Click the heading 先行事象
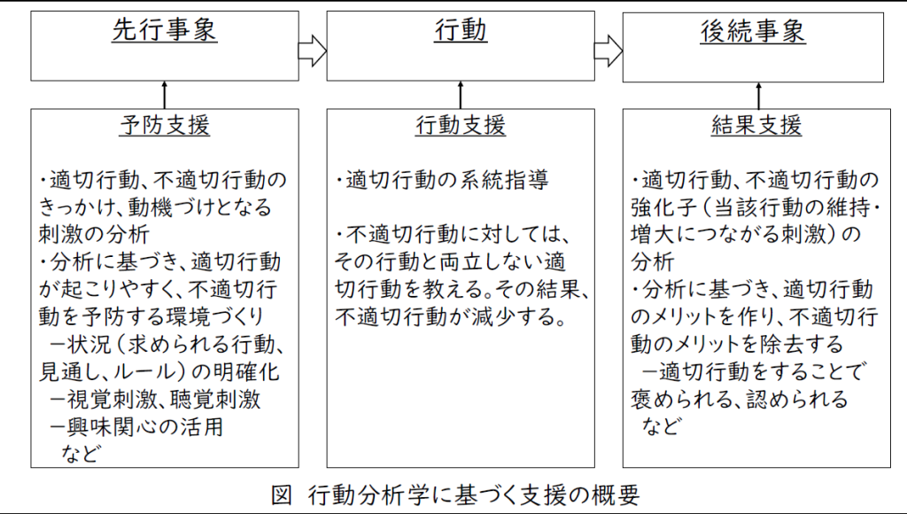(164, 30)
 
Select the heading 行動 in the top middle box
(461, 30)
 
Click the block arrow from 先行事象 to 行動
(313, 51)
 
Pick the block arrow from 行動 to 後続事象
(609, 51)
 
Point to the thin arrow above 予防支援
(164, 95)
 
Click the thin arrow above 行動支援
(461, 95)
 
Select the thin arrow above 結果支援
(758, 96)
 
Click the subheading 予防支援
(165, 125)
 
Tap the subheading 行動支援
(461, 125)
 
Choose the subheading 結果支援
(756, 125)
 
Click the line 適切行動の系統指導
(442, 180)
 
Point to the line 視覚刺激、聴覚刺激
(156, 399)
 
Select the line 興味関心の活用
(136, 426)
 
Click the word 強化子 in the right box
(663, 207)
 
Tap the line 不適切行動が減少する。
(451, 316)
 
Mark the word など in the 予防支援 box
(81, 453)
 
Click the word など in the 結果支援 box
(661, 426)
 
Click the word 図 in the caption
(282, 495)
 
